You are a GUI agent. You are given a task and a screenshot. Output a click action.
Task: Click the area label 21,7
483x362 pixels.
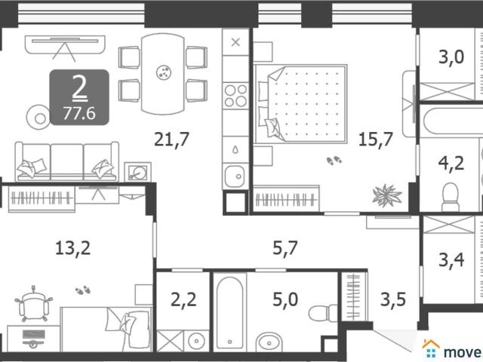[171, 140]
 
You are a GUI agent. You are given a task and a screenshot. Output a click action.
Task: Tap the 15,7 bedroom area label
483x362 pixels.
[376, 139]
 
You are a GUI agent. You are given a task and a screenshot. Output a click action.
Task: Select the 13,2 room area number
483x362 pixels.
[73, 248]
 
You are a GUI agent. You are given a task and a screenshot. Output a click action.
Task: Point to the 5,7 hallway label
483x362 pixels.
[285, 248]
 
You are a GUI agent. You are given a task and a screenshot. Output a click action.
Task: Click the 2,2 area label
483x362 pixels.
[183, 299]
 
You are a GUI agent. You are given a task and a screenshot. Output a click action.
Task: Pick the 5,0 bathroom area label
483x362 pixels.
[285, 299]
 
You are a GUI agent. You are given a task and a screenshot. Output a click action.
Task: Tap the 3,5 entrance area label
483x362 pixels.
[393, 299]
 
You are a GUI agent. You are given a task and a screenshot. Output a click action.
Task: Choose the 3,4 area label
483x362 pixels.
[451, 259]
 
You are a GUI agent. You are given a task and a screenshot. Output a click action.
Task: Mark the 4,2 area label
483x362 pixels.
[451, 163]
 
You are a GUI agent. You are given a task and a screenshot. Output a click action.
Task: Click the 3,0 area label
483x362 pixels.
[451, 57]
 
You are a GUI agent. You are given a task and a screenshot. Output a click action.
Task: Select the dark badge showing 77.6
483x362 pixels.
[79, 97]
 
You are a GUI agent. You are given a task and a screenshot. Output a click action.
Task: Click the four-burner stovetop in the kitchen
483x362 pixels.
[235, 96]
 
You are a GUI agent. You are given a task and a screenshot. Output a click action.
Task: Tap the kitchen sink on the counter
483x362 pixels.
[235, 176]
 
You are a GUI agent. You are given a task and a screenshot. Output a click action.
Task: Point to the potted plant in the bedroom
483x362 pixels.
[387, 195]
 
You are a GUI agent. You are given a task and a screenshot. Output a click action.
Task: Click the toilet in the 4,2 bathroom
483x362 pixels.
[451, 197]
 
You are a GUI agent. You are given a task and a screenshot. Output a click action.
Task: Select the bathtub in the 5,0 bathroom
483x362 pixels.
[229, 312]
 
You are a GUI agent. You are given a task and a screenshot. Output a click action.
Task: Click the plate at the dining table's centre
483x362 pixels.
[164, 72]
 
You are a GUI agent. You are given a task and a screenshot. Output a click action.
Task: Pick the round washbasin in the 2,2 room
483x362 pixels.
[196, 341]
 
